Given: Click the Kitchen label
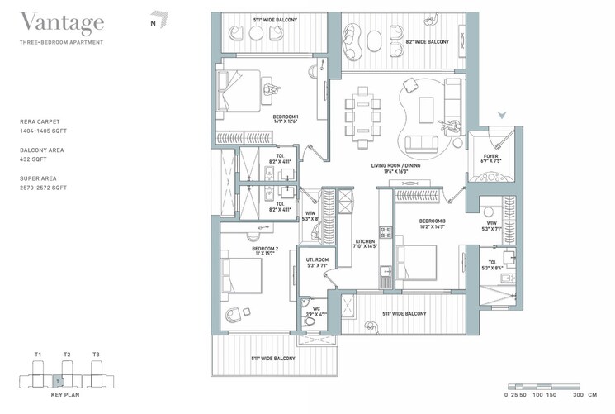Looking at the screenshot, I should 364,242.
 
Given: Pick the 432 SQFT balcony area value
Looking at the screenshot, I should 31,159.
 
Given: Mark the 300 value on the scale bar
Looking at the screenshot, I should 569,396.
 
